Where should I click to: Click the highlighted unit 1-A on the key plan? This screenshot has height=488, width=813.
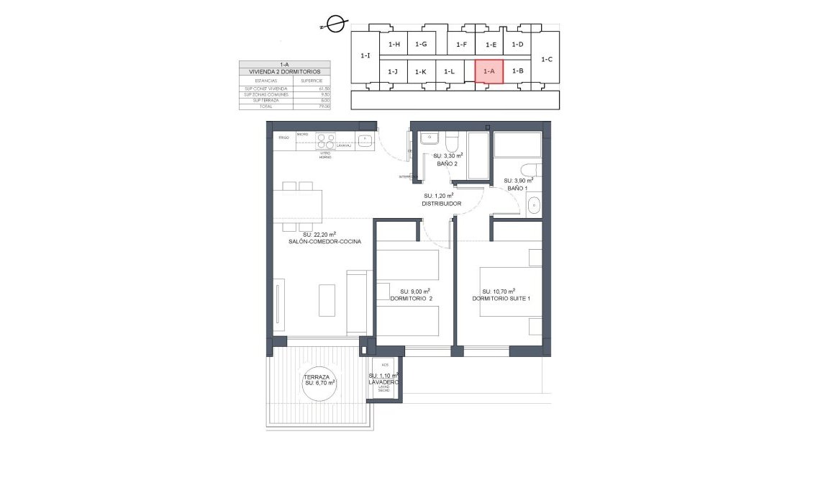tap(489, 71)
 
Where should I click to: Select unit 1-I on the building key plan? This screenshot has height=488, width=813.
tap(365, 56)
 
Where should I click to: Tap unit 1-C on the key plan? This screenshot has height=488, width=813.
tap(545, 60)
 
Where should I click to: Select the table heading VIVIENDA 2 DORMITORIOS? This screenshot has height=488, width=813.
tap(284, 72)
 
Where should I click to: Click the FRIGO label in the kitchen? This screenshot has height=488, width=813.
tap(283, 137)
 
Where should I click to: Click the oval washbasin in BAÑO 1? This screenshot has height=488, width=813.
tap(534, 206)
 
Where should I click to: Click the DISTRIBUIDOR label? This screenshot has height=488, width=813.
tap(441, 204)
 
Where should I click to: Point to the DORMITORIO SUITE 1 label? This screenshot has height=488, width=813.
tap(501, 299)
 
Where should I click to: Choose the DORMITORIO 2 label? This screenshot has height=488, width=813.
tap(411, 298)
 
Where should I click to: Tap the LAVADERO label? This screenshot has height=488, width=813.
tap(383, 383)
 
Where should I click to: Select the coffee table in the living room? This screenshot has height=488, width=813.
tap(327, 300)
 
